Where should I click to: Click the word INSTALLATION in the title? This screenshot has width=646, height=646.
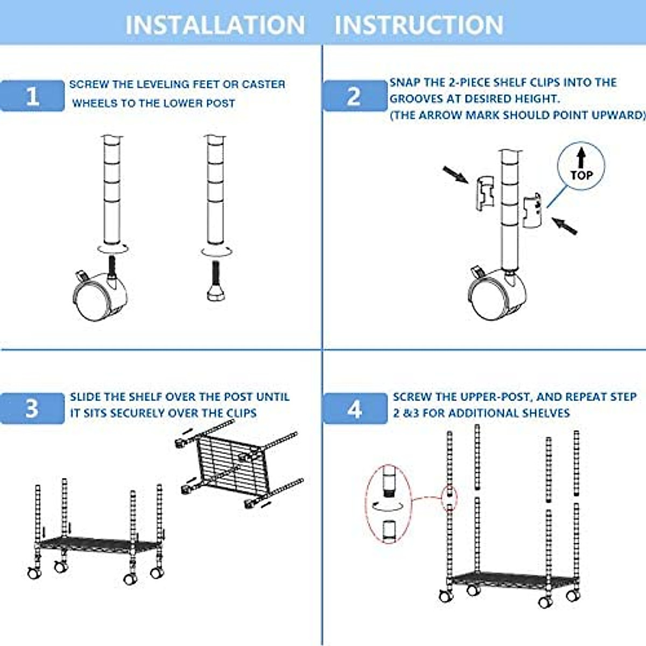215,25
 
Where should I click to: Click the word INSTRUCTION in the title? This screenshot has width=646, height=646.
419,25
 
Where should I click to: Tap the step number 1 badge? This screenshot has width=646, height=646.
32,96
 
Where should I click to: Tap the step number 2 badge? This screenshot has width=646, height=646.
354,96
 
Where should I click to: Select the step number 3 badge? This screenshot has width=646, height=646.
32,408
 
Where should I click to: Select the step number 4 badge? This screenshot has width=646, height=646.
354,409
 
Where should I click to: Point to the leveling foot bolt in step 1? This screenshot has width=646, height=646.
216,283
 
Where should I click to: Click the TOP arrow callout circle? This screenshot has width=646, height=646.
581,166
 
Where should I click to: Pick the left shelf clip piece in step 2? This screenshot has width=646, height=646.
484,192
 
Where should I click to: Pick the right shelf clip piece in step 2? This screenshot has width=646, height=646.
532,212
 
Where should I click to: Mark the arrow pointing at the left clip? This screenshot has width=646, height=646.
455,174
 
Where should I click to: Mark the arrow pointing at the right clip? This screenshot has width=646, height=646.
565,226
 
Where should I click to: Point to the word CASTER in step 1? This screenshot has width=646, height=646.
263,85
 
